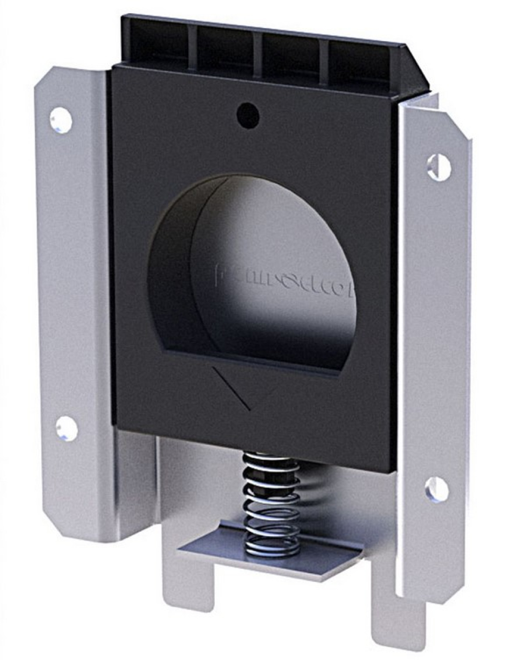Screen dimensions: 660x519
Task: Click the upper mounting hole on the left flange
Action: (x=61, y=120)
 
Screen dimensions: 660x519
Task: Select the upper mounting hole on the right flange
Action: (x=439, y=167)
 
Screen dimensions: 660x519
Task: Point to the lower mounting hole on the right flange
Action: (x=437, y=489)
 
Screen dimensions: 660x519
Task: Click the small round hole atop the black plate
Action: (x=248, y=115)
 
